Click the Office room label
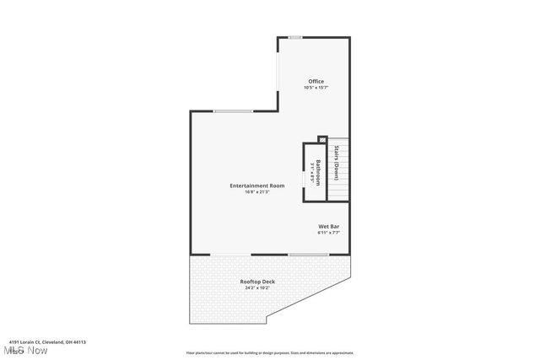point(316,81)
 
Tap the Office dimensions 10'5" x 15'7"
point(316,88)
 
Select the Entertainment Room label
point(257,185)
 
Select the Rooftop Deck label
point(257,282)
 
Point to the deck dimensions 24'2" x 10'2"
point(257,288)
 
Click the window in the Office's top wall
point(295,37)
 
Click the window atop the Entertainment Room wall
point(232,111)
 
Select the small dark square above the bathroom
point(321,139)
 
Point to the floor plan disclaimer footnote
point(269,353)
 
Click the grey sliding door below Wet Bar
point(309,255)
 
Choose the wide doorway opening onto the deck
point(230,255)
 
